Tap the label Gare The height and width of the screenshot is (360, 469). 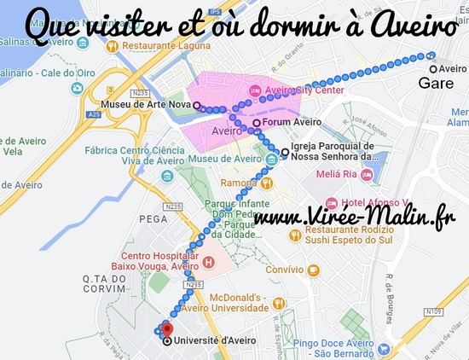click(x=436, y=84)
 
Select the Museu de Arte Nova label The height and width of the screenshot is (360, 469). click(x=146, y=106)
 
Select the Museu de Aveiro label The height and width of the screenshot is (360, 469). click(x=226, y=159)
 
